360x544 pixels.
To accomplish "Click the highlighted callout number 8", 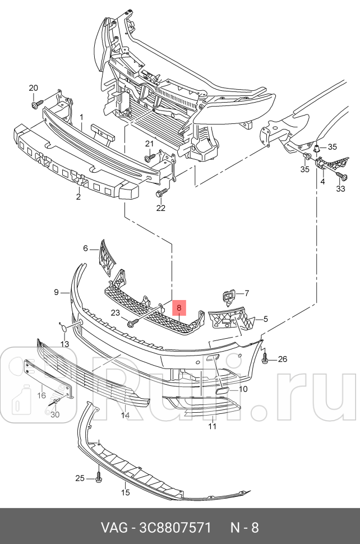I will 179,308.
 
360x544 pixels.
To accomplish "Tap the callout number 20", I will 33,88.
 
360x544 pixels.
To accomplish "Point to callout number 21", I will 149,144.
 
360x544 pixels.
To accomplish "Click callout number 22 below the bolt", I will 161,208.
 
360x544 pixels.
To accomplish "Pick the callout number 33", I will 341,189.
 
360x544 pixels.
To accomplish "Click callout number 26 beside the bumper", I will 282,359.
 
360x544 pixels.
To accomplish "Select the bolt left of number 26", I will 265,359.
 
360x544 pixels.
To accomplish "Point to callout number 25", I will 80,478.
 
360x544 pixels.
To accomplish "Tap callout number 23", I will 116,314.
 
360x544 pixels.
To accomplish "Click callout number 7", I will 246,293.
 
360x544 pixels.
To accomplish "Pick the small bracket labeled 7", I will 229,295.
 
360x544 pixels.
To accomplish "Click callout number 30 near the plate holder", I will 54,414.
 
